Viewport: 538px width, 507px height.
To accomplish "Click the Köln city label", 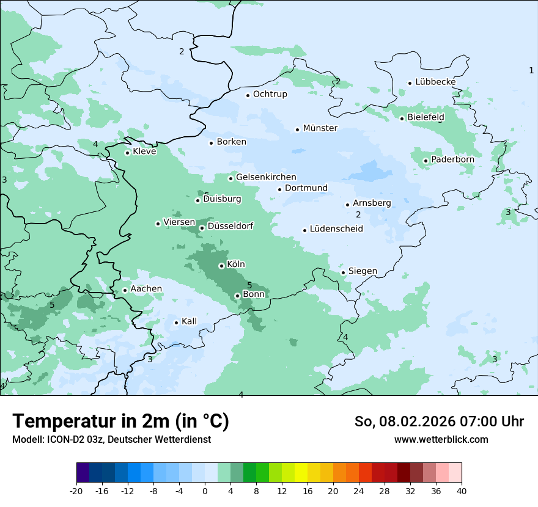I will tap(236, 264).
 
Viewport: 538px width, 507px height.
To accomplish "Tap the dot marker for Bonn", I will tap(237, 296).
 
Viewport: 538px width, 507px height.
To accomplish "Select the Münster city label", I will tap(320, 128).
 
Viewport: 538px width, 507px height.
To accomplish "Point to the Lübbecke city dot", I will tap(410, 83).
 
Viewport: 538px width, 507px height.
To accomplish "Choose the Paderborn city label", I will tap(452, 159).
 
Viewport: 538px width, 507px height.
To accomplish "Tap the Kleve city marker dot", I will tap(127, 153).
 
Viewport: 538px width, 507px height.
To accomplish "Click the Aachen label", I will tap(146, 289).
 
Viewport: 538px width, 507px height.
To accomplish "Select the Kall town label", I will tap(190, 321).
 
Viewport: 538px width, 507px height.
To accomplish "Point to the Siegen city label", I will tap(363, 271).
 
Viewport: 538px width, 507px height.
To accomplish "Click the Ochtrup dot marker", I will tap(248, 95).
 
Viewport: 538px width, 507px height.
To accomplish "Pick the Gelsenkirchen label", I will tap(266, 177).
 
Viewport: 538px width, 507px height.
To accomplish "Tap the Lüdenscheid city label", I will tap(336, 229).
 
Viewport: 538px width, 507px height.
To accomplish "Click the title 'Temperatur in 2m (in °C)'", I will tap(120, 421).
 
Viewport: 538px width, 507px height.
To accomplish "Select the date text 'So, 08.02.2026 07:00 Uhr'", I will tap(439, 421).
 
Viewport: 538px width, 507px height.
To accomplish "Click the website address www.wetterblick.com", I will tap(441, 439).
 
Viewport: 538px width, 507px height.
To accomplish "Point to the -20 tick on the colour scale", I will tap(76, 491).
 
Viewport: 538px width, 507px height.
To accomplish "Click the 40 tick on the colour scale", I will tap(462, 491).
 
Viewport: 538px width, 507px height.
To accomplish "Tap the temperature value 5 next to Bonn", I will tap(249, 285).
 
